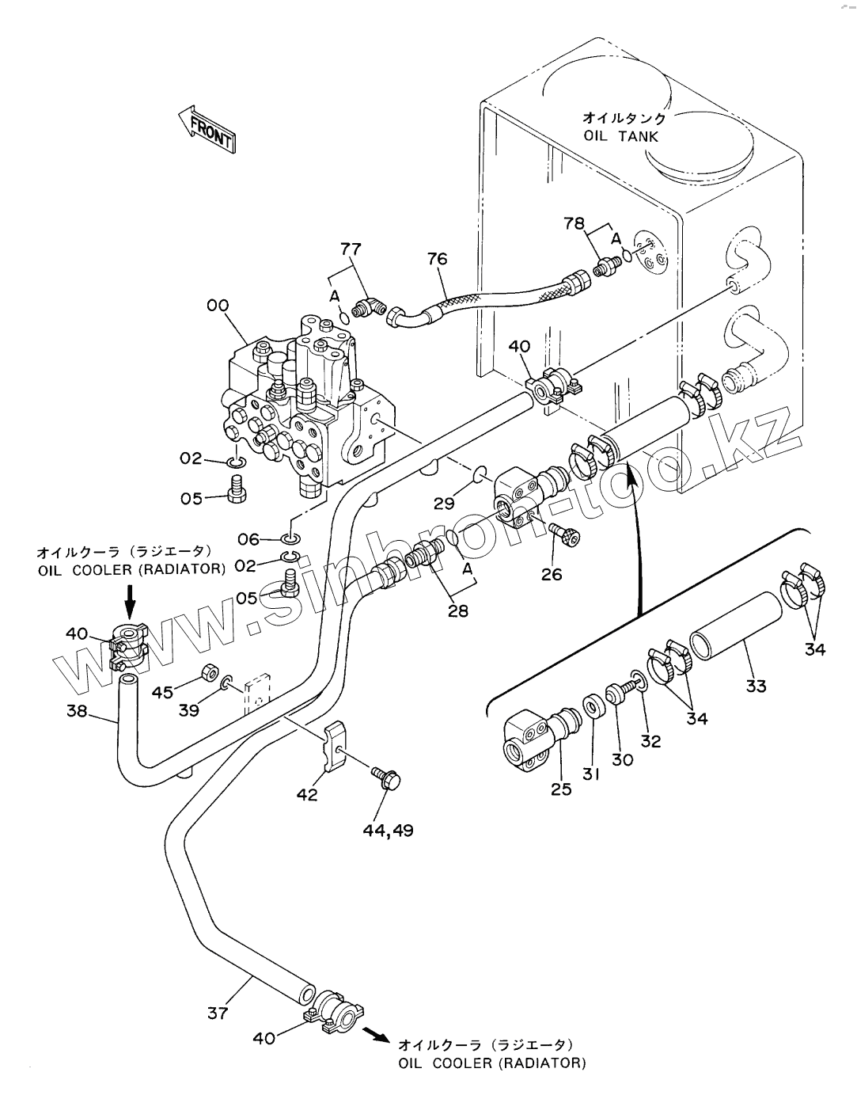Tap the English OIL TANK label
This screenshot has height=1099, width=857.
point(621,136)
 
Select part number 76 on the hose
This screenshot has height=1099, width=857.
point(437,259)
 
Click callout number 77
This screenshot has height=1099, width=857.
point(351,249)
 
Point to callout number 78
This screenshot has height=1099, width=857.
point(574,223)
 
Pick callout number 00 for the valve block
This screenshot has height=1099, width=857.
point(218,306)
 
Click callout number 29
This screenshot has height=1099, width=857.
point(444,504)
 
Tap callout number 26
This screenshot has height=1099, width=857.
point(552,575)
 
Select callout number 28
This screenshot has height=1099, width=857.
point(457,611)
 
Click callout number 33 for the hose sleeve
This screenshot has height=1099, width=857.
point(756,686)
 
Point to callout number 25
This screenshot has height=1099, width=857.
point(561,789)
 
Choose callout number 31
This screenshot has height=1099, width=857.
point(590,774)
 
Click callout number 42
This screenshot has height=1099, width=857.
point(307,795)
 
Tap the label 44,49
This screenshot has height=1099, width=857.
point(388,831)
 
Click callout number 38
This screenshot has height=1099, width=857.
point(77,711)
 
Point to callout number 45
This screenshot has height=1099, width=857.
point(163,692)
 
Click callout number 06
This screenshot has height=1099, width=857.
point(248,539)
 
